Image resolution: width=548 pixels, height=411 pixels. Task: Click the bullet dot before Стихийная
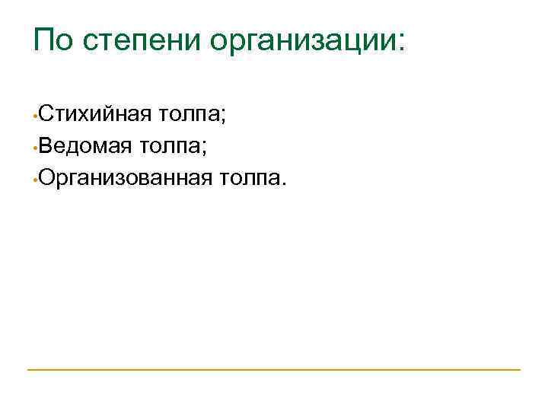point(35,119)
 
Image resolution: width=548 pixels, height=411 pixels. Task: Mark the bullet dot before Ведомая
point(35,150)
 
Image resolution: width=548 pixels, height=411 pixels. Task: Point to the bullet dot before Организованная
point(35,181)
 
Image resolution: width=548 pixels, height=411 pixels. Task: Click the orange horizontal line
point(274,370)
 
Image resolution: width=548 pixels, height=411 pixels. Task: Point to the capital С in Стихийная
point(46,116)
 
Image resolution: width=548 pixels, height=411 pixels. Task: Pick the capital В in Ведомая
point(46,147)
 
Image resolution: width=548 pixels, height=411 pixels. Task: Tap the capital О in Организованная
point(48,178)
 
